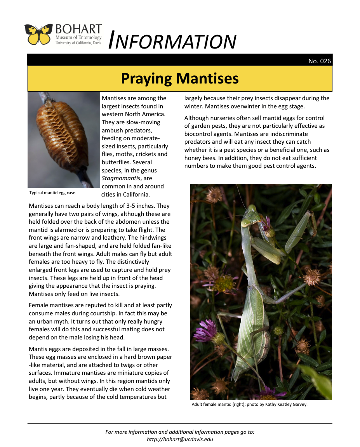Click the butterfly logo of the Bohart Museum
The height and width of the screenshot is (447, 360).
click(x=38, y=34)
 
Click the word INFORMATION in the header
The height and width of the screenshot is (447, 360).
click(x=172, y=41)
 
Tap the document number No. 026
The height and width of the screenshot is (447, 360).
click(x=319, y=61)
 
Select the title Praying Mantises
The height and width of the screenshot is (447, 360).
click(x=180, y=78)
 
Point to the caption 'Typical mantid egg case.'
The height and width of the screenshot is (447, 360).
click(x=53, y=193)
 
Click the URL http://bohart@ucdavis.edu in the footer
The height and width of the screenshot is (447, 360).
click(x=180, y=440)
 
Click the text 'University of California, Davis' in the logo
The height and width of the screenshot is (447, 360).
click(x=78, y=43)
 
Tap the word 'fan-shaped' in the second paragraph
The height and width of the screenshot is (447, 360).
click(x=69, y=246)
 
